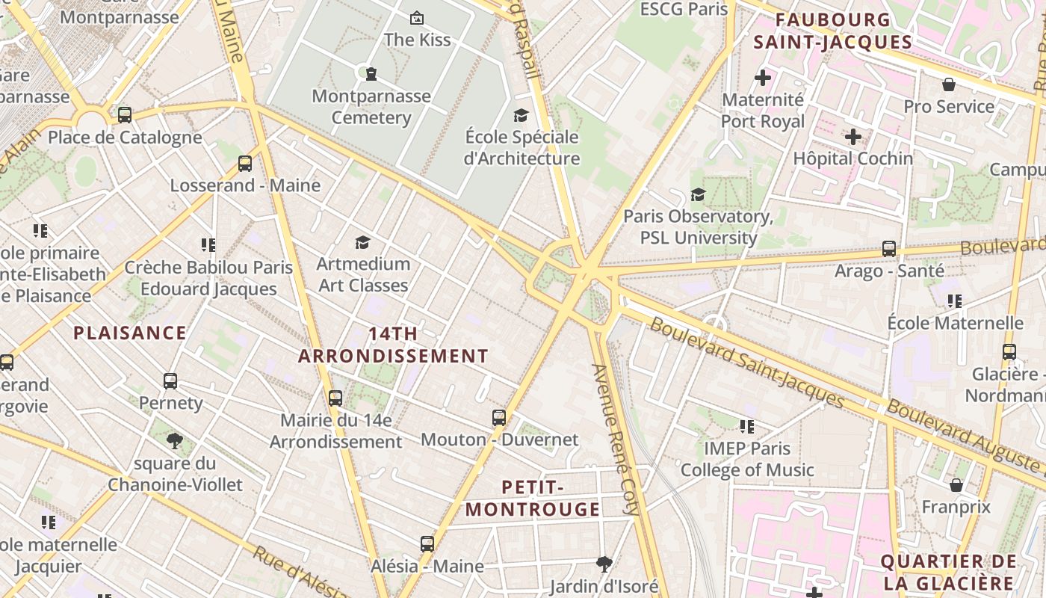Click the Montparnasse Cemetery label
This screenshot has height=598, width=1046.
(371, 107)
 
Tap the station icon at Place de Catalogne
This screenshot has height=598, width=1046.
(125, 115)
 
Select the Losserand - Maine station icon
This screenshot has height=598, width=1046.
(245, 164)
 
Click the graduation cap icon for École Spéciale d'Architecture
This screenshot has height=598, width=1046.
(521, 115)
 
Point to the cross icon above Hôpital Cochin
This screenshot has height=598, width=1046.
(852, 137)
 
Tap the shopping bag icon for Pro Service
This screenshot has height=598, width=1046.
(948, 84)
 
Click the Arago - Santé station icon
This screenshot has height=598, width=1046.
(889, 249)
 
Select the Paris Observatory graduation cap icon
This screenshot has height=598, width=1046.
(698, 194)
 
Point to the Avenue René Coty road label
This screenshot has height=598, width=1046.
(616, 440)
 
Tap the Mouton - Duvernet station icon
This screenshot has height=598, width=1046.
(499, 418)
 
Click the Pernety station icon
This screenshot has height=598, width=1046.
(170, 381)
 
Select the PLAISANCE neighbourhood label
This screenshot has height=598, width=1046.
(130, 333)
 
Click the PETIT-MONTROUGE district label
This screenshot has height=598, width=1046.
(532, 499)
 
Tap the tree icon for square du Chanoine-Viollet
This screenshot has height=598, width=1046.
(175, 440)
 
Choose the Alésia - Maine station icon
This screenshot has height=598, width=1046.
(427, 544)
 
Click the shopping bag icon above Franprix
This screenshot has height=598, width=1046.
(956, 485)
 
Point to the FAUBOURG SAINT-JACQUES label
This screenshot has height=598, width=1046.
(832, 31)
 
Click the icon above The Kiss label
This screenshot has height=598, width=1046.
(417, 17)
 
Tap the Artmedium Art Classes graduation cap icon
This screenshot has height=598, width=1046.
(363, 242)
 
